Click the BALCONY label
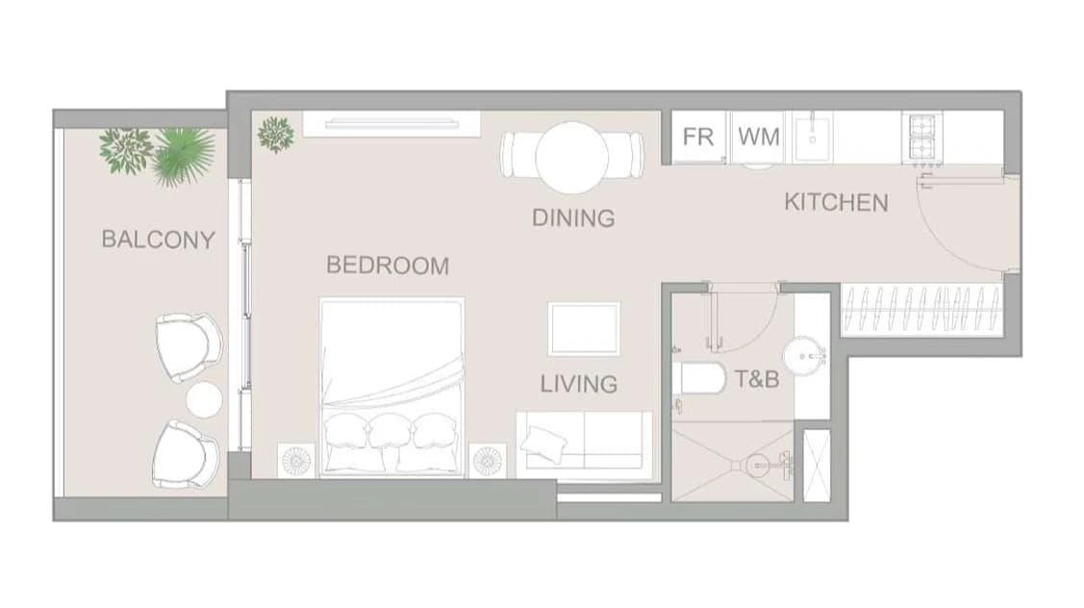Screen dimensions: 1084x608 click(159, 240)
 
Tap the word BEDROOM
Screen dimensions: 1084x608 click(388, 266)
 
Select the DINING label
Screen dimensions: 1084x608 click(573, 217)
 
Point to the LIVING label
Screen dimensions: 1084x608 click(579, 384)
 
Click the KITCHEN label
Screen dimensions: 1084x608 click(837, 203)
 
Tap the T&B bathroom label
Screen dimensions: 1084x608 click(757, 379)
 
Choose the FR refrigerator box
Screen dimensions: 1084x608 click(698, 137)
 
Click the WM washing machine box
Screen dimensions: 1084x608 click(758, 137)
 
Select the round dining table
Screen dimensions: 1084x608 click(571, 157)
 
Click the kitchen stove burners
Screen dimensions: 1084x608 click(923, 139)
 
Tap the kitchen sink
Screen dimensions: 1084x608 click(813, 139)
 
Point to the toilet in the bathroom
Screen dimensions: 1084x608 click(698, 379)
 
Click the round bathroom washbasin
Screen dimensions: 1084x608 click(804, 357)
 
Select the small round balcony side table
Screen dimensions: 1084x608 click(204, 400)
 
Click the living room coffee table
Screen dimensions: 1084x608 click(584, 329)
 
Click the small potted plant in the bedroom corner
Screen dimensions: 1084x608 click(276, 134)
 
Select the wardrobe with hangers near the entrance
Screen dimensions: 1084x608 click(922, 311)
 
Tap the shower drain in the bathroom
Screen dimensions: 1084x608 click(755, 463)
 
